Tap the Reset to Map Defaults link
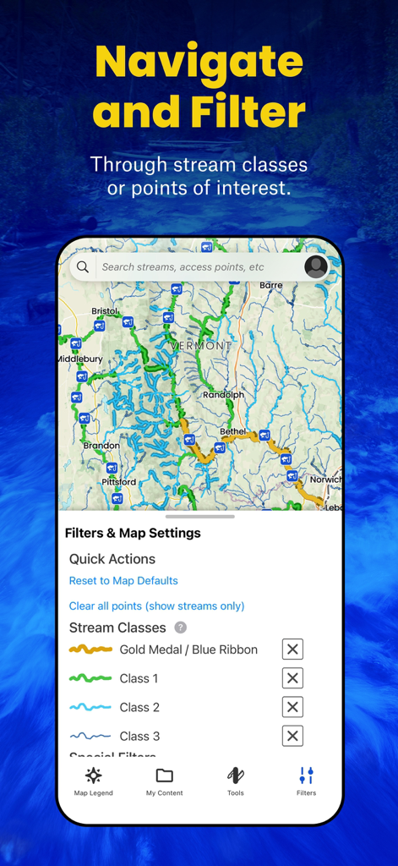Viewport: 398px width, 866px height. (123, 581)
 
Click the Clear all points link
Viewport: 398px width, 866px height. (156, 606)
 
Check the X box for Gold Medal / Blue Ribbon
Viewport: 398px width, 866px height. (292, 649)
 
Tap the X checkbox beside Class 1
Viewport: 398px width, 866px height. (292, 678)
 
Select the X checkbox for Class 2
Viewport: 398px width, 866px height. (292, 707)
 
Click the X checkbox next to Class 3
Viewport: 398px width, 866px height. (292, 736)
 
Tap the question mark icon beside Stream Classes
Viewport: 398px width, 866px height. (180, 628)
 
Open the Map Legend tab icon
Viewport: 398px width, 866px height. (93, 776)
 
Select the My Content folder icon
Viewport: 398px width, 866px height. (164, 776)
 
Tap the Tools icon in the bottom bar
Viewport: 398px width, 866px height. (236, 776)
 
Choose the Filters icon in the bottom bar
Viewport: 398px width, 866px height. (306, 776)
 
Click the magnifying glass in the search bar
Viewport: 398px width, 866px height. (83, 267)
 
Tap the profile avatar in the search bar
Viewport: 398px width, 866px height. (316, 267)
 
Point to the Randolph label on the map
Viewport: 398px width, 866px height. (223, 395)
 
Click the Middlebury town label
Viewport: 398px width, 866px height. (79, 359)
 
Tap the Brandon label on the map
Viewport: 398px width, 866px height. (101, 446)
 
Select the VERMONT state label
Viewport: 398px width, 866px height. (200, 346)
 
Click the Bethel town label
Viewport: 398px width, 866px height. (233, 431)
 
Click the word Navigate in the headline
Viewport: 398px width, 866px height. (199, 63)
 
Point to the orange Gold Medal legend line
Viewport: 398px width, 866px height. (90, 649)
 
